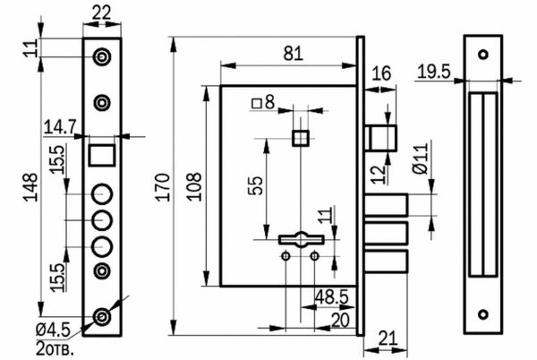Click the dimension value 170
(x=163, y=187)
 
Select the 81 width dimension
(x=294, y=54)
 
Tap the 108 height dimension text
(x=194, y=186)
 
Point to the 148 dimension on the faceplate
(x=30, y=187)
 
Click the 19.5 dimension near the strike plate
(x=434, y=72)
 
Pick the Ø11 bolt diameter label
(x=421, y=159)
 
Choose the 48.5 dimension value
(x=331, y=296)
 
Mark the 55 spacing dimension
(x=256, y=185)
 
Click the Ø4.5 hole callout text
(x=53, y=330)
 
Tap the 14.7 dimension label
(x=60, y=127)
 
